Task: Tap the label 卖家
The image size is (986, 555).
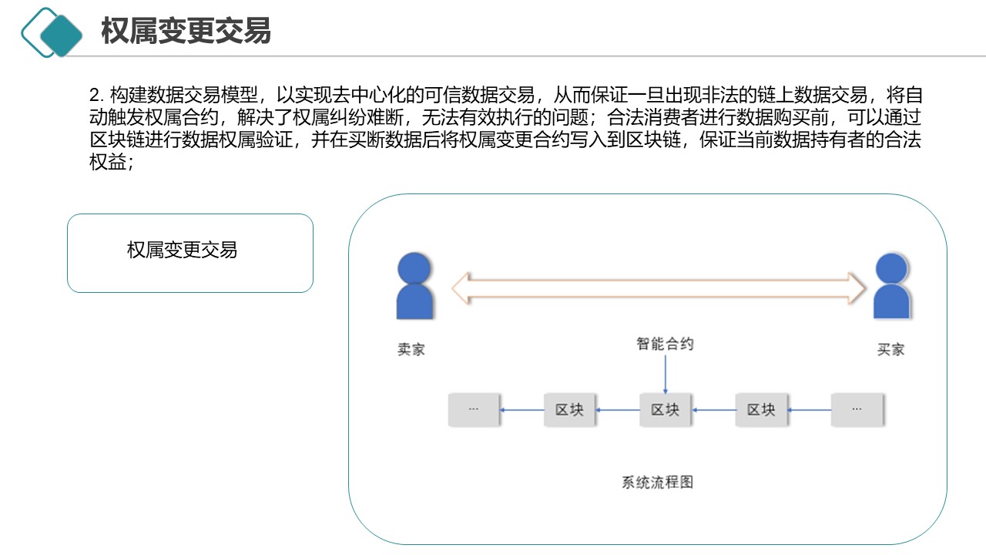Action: (x=411, y=349)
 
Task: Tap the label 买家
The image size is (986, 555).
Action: (x=890, y=349)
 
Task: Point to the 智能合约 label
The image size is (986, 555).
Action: (x=665, y=344)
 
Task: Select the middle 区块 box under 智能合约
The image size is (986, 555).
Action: (x=666, y=410)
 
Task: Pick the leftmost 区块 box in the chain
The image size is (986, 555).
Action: (x=570, y=410)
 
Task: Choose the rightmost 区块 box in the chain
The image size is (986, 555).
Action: (x=761, y=410)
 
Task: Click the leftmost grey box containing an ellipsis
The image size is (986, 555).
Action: (x=474, y=410)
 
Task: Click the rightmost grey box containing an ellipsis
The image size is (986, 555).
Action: (x=857, y=410)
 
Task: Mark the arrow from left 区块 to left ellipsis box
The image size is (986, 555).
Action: (x=522, y=410)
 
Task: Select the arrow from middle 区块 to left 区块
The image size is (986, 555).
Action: (x=618, y=410)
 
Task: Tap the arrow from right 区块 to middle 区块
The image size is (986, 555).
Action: (x=713, y=410)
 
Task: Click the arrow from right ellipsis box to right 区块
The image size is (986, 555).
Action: (x=809, y=410)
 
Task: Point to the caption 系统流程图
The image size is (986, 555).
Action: (x=657, y=483)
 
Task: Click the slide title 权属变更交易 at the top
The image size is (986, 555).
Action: (x=186, y=32)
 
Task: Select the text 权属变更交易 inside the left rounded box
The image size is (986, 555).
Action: (x=182, y=250)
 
